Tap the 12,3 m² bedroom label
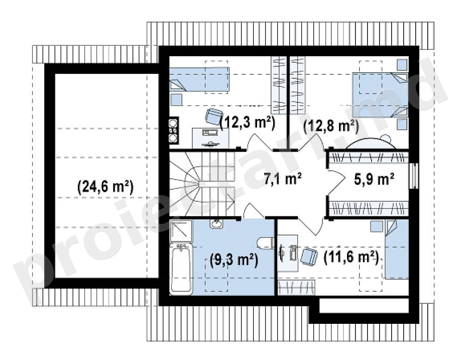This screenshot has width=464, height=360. pos(248,122)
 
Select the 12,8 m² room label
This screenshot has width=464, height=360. pos(331,126)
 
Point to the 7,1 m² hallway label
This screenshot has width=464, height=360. pos(283,179)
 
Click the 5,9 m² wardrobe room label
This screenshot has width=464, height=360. pos(374,179)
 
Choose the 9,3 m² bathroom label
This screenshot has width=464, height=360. pos(234,261)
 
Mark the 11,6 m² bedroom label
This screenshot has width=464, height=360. pos(351,257)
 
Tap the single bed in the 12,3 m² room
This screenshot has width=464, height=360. pos(199,79)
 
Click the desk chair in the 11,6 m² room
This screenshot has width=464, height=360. pos(309,256)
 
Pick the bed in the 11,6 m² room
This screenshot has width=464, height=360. pos(397,249)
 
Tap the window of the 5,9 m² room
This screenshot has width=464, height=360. pos(413,176)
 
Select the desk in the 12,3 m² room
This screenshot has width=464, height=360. pos(211,138)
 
